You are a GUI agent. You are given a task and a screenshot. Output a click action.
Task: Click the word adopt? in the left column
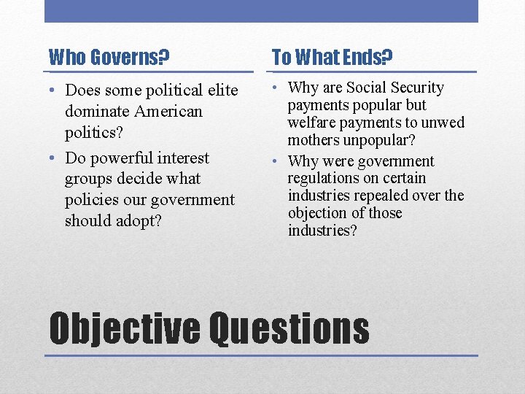[143, 221]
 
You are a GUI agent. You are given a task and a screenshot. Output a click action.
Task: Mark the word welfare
[312, 123]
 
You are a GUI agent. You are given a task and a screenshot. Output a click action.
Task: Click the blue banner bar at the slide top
[261, 11]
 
